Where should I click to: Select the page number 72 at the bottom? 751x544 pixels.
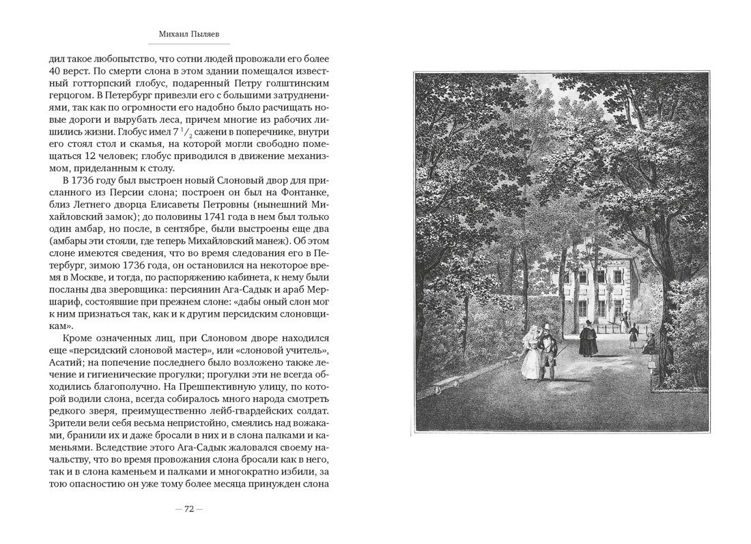(x=189, y=509)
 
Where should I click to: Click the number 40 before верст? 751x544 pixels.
(x=57, y=72)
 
